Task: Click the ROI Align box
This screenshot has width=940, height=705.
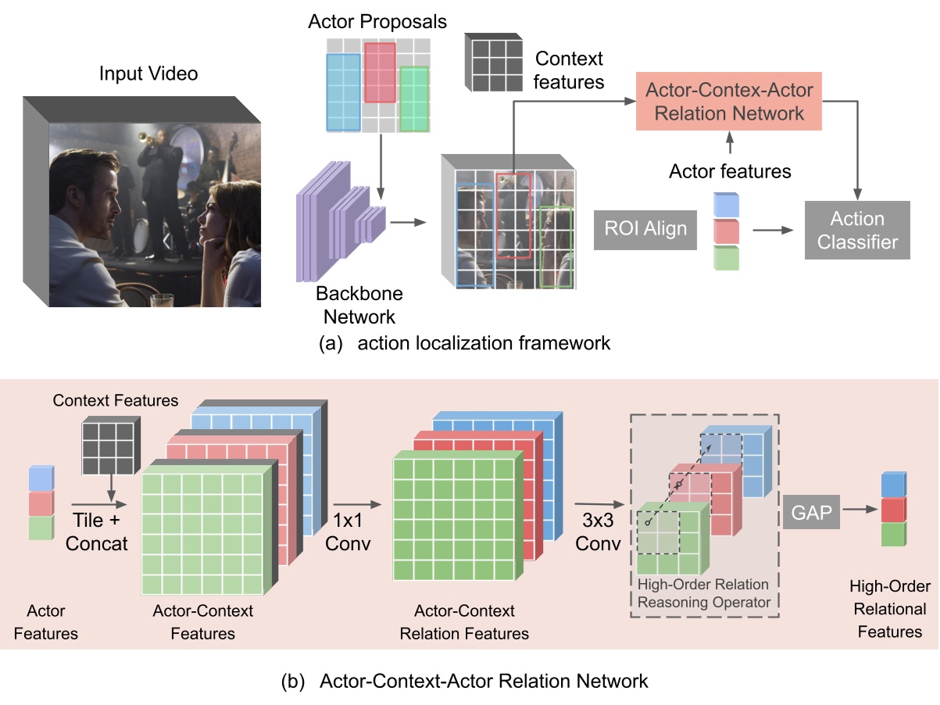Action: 645,228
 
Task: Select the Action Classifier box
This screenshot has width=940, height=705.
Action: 858,230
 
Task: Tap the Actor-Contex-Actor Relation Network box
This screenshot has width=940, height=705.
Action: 728,102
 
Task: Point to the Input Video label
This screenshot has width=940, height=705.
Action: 148,74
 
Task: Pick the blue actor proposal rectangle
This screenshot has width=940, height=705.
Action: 343,92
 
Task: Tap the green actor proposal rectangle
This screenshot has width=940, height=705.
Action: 414,99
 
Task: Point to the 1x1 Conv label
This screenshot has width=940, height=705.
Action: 348,531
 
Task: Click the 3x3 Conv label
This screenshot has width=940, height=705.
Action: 599,531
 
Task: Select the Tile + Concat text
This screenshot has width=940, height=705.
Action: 97,532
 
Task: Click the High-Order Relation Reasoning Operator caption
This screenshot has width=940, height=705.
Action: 702,593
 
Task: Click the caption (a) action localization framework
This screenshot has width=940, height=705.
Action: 464,343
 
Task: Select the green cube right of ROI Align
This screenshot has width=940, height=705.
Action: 726,258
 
